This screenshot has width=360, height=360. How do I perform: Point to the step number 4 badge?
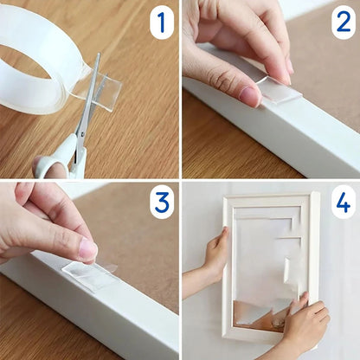click(341, 202)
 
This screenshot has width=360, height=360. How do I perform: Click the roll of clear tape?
click(35, 61)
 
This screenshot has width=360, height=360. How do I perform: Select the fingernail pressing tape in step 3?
click(88, 250)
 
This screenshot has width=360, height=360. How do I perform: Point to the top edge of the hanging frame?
click(268, 200)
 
